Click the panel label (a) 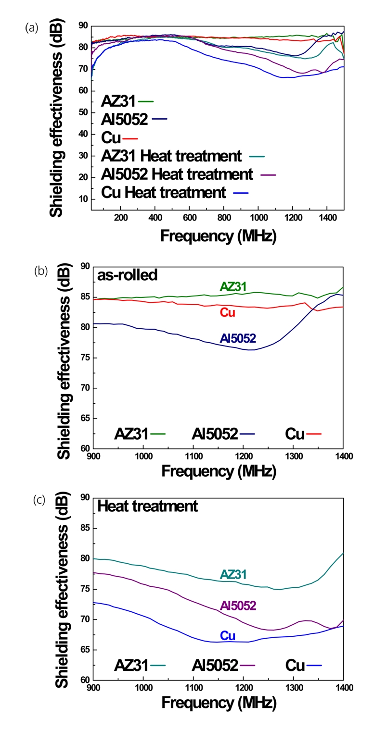(x=32, y=28)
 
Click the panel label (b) (x=40, y=271)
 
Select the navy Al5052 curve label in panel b (x=238, y=339)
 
